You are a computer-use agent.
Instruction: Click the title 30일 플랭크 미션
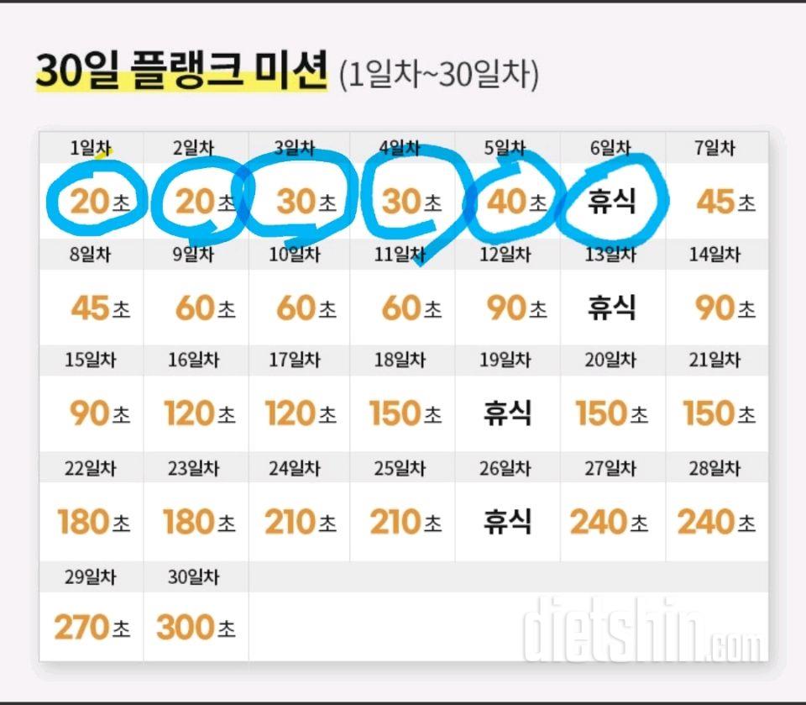pyautogui.click(x=181, y=72)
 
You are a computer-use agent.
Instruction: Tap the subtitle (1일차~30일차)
pyautogui.click(x=438, y=75)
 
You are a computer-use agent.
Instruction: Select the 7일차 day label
pyautogui.click(x=714, y=149)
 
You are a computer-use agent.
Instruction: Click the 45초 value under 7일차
pyautogui.click(x=725, y=203)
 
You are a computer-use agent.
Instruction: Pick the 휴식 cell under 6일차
pyautogui.click(x=611, y=202)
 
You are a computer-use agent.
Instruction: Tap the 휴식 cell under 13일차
pyautogui.click(x=611, y=308)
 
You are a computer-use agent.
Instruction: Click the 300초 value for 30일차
pyautogui.click(x=196, y=627)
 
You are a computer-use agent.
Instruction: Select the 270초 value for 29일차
pyautogui.click(x=92, y=627)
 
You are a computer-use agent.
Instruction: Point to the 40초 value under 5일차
pyautogui.click(x=515, y=203)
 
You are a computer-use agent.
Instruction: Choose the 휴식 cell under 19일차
pyautogui.click(x=507, y=413)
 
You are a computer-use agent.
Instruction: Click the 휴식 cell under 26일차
pyautogui.click(x=507, y=522)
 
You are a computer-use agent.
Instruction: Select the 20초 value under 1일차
pyautogui.click(x=99, y=203)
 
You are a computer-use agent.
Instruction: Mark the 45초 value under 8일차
pyautogui.click(x=100, y=308)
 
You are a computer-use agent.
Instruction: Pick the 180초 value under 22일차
pyautogui.click(x=94, y=522)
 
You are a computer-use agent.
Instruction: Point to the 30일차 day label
pyautogui.click(x=193, y=577)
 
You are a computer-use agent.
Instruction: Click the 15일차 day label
pyautogui.click(x=91, y=360)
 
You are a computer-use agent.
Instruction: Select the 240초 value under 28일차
pyautogui.click(x=716, y=522)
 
